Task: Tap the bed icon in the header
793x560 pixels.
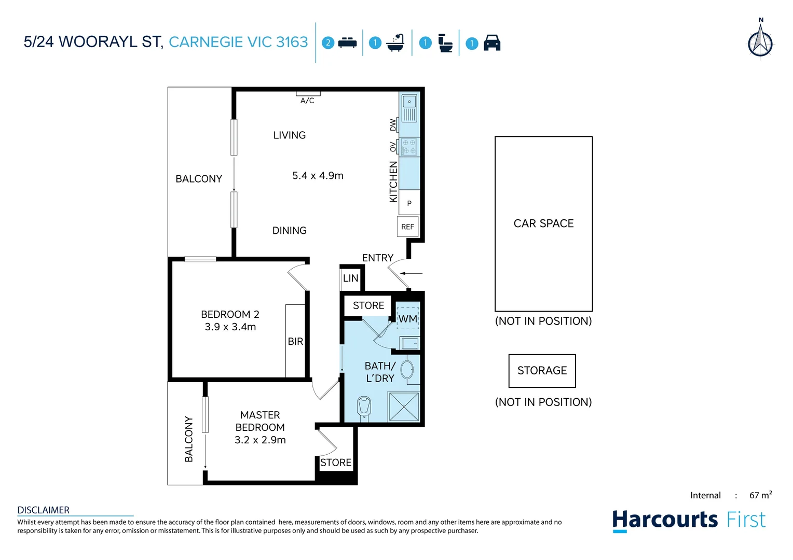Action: tap(347, 43)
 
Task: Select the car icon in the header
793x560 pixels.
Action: tap(491, 43)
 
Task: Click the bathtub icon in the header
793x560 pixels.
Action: tap(396, 43)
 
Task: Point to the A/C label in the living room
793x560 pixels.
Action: tap(307, 100)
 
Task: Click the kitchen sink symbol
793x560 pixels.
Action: tap(409, 108)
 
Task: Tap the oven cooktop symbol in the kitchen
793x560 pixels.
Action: tap(408, 147)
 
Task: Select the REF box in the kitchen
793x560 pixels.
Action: tap(408, 227)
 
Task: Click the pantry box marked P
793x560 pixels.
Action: tap(409, 203)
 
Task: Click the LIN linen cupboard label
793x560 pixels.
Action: tap(351, 278)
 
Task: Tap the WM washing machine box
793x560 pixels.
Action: tap(408, 318)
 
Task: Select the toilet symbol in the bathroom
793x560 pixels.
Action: tap(364, 407)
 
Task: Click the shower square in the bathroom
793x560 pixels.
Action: tap(404, 407)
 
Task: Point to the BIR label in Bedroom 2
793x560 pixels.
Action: tap(295, 341)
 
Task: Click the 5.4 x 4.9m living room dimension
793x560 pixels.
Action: tap(318, 176)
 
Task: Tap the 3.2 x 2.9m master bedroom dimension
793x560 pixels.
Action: tap(260, 440)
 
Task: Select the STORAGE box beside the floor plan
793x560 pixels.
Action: tap(542, 371)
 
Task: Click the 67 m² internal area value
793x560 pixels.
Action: tap(760, 495)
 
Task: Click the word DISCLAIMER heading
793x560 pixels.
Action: tap(44, 510)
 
